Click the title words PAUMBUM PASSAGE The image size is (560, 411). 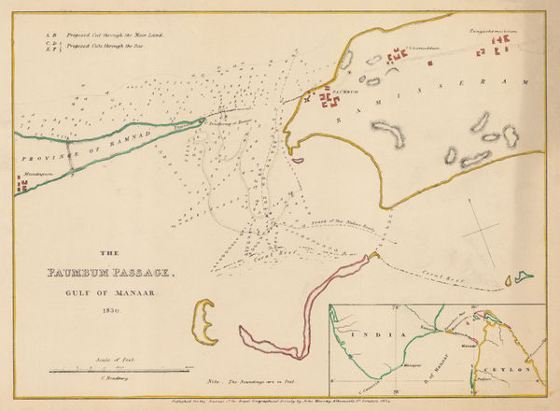(109, 274)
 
